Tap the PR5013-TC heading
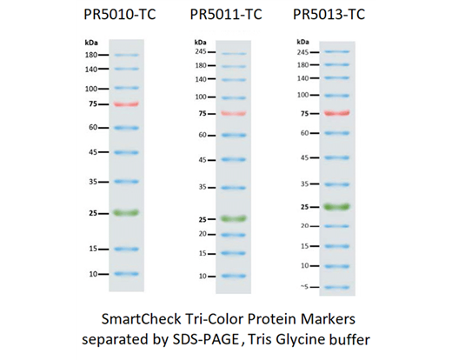tap(331, 15)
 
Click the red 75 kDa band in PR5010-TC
tap(126, 104)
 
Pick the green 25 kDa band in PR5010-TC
tap(126, 212)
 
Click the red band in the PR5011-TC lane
tap(234, 114)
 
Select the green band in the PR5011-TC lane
tap(234, 218)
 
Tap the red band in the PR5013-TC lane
tap(336, 113)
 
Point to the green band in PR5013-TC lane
tap(336, 206)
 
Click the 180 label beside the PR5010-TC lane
tap(90, 55)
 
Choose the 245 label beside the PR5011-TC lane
tap(201, 53)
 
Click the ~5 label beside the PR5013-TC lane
tap(304, 287)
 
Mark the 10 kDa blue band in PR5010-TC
tap(126, 274)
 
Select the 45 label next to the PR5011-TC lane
tap(201, 160)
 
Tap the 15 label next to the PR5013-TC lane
tap(305, 246)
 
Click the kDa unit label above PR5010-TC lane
tap(91, 41)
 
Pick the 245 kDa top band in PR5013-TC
tap(336, 51)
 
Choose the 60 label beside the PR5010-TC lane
tap(91, 127)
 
